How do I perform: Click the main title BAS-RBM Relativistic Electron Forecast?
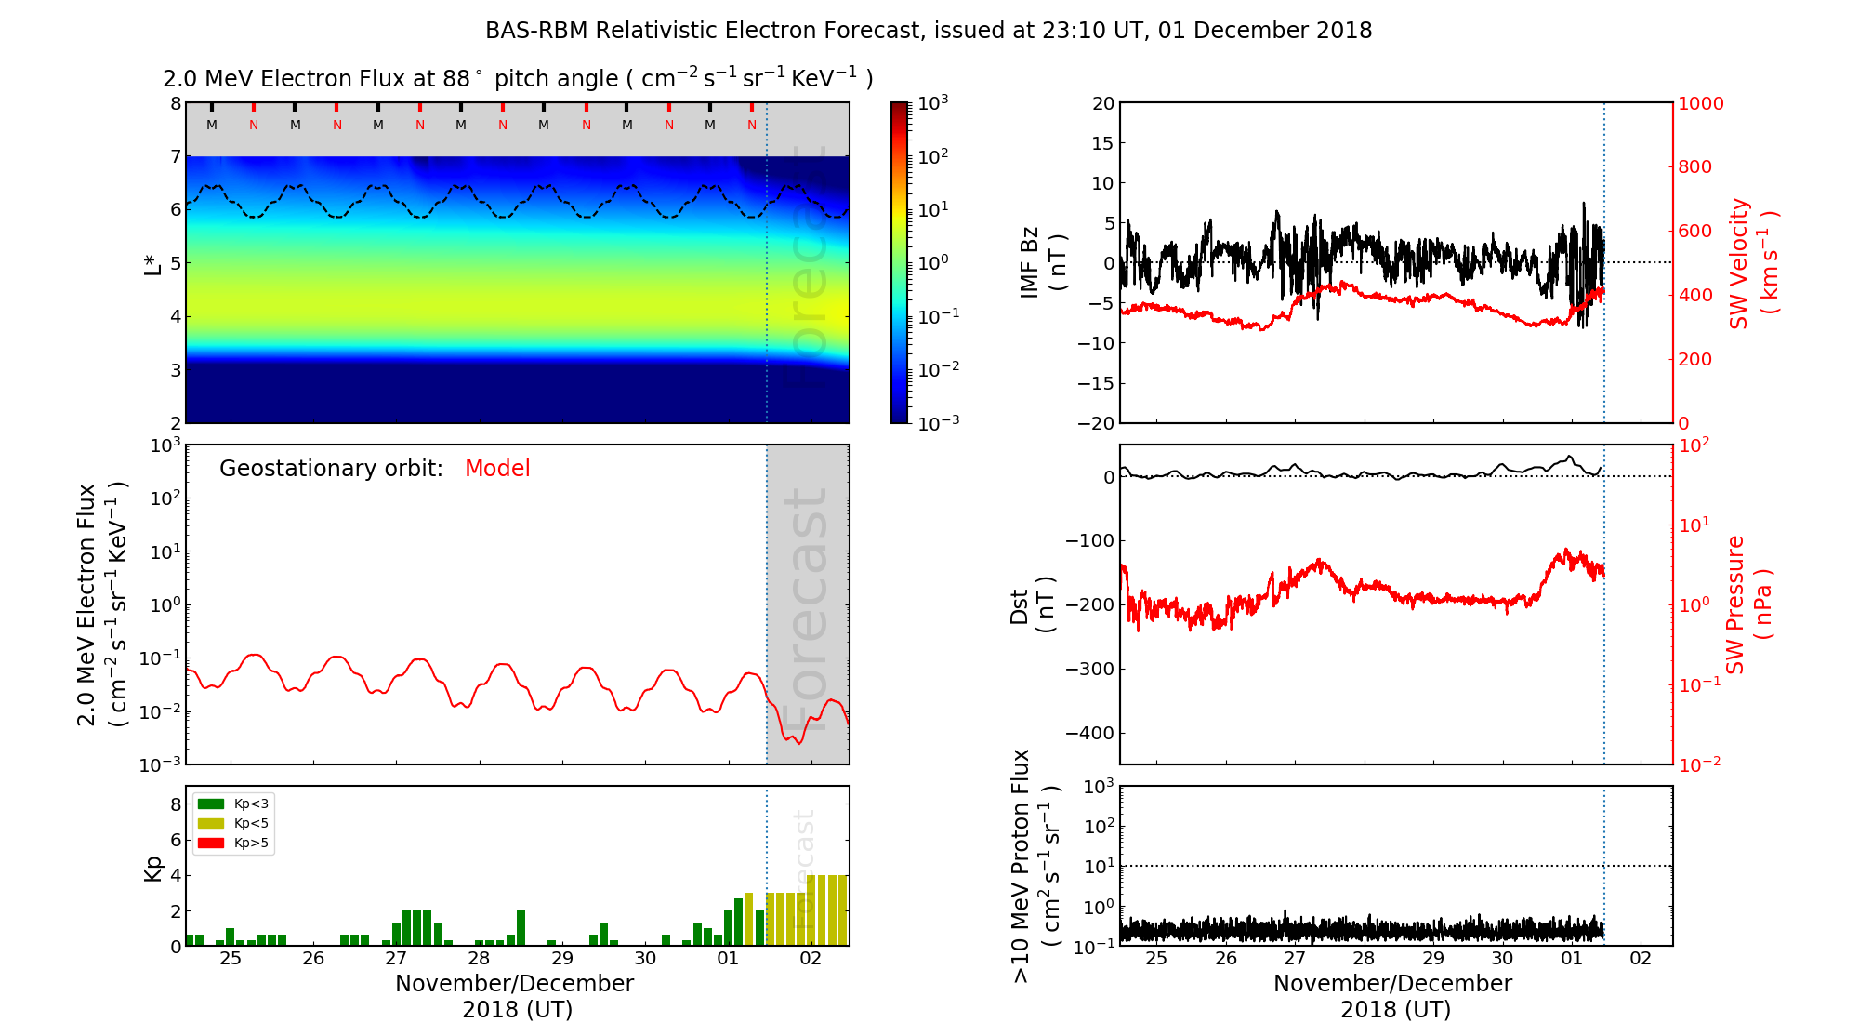pos(928,31)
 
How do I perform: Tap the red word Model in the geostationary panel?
pos(497,469)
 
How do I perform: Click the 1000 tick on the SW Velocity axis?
pos(1700,103)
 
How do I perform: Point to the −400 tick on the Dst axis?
pos(1089,733)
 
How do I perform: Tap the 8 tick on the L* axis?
pos(176,103)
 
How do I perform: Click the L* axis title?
pos(152,263)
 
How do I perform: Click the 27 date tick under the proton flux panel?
pos(1295,959)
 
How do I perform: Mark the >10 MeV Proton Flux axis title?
pos(1034,866)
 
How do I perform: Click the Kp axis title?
pos(152,868)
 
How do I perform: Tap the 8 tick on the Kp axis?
pos(176,804)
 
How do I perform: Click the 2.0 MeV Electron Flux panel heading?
pos(518,79)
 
